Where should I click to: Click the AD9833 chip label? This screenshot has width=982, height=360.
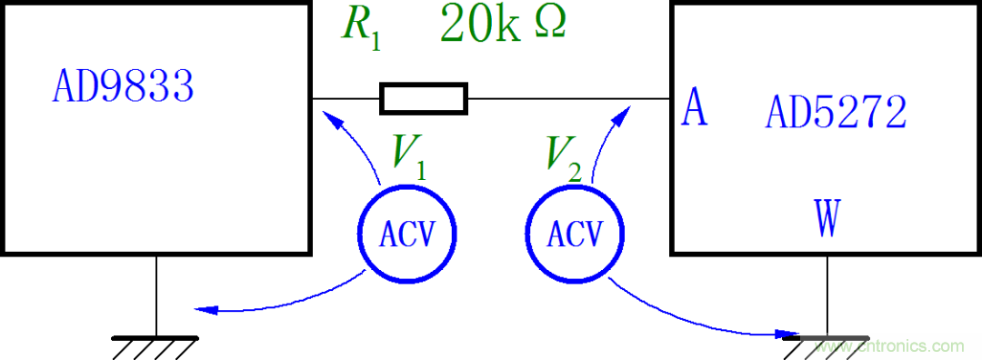click(123, 88)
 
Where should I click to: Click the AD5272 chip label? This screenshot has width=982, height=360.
click(836, 114)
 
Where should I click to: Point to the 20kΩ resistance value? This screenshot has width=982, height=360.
click(503, 25)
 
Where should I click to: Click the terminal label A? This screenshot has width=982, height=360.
click(694, 109)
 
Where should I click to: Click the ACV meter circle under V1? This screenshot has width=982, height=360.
click(405, 235)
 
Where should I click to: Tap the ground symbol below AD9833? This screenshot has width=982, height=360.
click(155, 344)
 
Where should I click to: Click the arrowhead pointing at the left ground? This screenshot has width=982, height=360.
click(204, 309)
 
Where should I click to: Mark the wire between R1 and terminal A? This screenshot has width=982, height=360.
click(568, 97)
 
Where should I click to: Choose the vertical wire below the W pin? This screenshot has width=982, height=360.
click(827, 295)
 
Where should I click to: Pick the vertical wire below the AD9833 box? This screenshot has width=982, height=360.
click(156, 295)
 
